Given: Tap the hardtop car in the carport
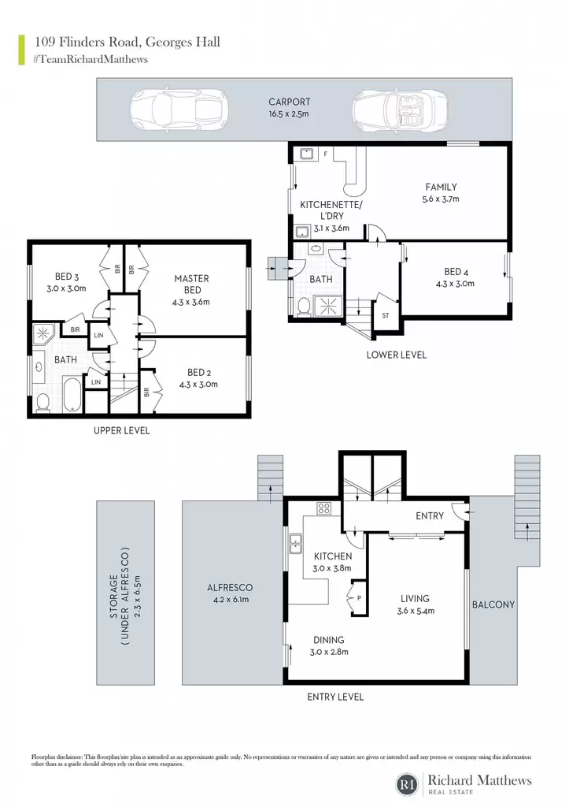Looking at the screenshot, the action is [179, 110].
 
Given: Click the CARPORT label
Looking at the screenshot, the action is [290, 102].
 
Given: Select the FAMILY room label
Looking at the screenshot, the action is [441, 188].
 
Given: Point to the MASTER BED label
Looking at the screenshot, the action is [192, 284].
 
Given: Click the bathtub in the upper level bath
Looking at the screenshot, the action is [72, 395].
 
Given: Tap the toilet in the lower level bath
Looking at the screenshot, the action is [303, 307].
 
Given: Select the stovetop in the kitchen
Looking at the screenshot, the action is [323, 509].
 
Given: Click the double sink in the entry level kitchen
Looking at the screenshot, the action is [295, 544].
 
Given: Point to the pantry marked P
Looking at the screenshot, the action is [358, 597].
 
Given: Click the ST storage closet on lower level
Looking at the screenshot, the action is [386, 315].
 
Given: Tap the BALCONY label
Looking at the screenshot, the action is [493, 604].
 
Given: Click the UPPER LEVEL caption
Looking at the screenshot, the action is [122, 431].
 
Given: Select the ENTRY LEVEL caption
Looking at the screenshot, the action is [335, 697].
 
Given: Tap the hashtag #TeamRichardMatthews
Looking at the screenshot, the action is [91, 59].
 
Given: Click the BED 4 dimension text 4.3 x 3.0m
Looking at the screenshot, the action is [455, 284].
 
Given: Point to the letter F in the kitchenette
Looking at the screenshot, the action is [325, 154].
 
